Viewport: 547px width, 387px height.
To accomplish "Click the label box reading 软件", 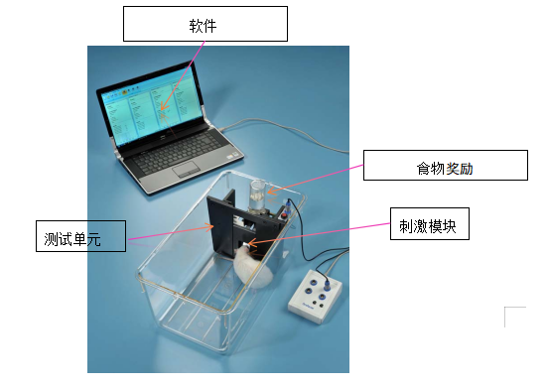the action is pyautogui.click(x=204, y=24).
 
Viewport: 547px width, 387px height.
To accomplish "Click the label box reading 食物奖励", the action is pyautogui.click(x=443, y=166).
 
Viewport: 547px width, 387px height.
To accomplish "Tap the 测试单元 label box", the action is pyautogui.click(x=80, y=236).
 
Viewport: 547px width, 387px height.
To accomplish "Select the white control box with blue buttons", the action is pyautogui.click(x=316, y=293).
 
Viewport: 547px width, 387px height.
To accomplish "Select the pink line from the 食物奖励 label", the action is pyautogui.click(x=318, y=179).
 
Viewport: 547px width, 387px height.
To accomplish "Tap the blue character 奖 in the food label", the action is pyautogui.click(x=452, y=168).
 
